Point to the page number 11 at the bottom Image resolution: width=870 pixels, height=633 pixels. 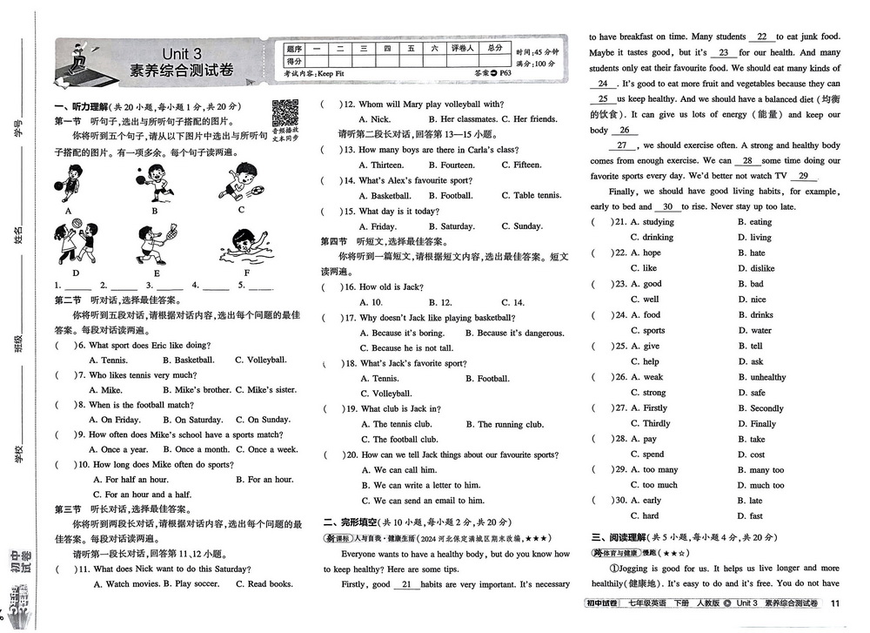[x=835, y=604]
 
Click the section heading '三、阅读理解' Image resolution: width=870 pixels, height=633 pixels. [x=618, y=538]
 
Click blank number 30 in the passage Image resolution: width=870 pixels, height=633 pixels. [x=667, y=206]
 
